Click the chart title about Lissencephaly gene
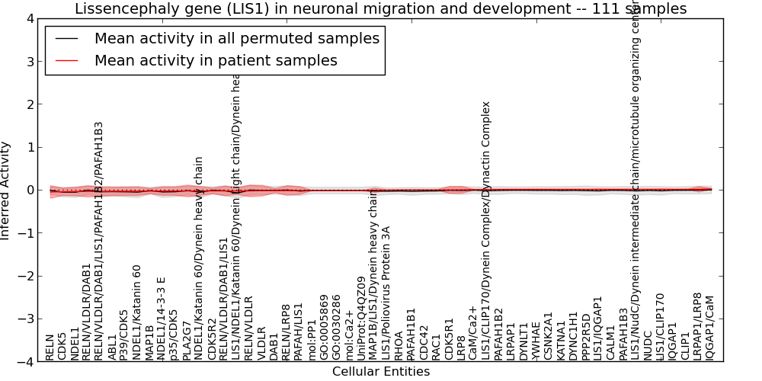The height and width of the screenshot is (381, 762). pyautogui.click(x=380, y=8)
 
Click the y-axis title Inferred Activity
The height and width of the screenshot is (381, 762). pyautogui.click(x=6, y=190)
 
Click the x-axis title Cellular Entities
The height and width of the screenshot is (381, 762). pyautogui.click(x=380, y=372)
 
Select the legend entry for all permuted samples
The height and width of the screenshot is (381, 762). pyautogui.click(x=236, y=39)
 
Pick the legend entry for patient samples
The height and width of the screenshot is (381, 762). pyautogui.click(x=216, y=60)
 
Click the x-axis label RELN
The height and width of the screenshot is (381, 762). pyautogui.click(x=50, y=347)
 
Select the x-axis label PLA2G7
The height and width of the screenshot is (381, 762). pyautogui.click(x=187, y=341)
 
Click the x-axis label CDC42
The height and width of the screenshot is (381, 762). pyautogui.click(x=424, y=343)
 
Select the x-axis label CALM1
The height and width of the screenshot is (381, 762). pyautogui.click(x=610, y=344)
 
